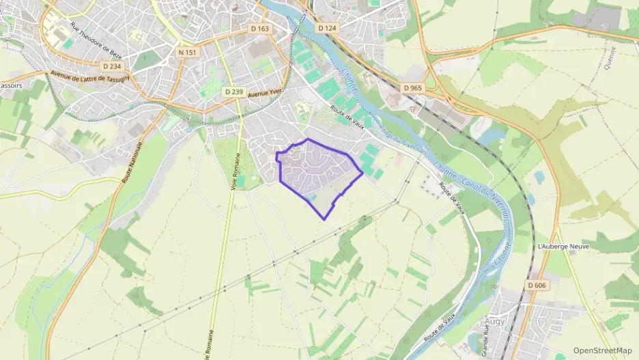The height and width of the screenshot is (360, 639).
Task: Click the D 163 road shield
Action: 260,29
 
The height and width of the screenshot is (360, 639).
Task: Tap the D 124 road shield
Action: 327,28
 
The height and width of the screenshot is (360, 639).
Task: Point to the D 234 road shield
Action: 111,66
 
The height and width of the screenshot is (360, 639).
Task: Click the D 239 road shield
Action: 233,92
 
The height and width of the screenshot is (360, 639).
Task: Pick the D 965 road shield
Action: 413,88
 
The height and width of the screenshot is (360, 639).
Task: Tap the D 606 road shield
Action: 537,284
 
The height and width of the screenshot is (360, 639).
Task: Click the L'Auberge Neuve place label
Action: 563,246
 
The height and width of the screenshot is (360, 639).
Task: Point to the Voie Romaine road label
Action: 234,165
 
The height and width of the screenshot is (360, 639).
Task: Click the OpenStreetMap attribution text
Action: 602,350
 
